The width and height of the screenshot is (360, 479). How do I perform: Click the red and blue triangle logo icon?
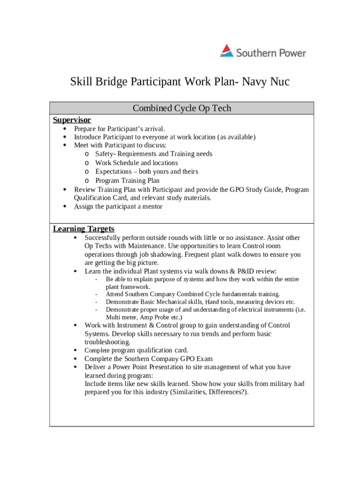(227, 51)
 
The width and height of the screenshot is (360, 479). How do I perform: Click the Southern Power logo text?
(271, 52)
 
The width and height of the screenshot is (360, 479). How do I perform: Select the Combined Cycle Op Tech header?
(182, 108)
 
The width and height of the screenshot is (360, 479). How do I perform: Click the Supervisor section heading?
(72, 120)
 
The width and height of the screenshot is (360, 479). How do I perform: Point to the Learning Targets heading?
(84, 229)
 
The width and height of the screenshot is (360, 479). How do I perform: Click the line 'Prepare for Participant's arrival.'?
(120, 129)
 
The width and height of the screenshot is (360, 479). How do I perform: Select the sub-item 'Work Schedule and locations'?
(137, 163)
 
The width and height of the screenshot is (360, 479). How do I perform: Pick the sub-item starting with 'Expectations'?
(146, 172)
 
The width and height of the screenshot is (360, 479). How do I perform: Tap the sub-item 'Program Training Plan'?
(127, 181)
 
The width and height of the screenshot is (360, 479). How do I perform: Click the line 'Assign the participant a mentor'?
(118, 206)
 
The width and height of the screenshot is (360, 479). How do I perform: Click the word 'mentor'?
(152, 206)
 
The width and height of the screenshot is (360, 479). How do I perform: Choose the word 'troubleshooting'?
(107, 342)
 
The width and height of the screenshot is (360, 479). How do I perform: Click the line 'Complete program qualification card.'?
(137, 350)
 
